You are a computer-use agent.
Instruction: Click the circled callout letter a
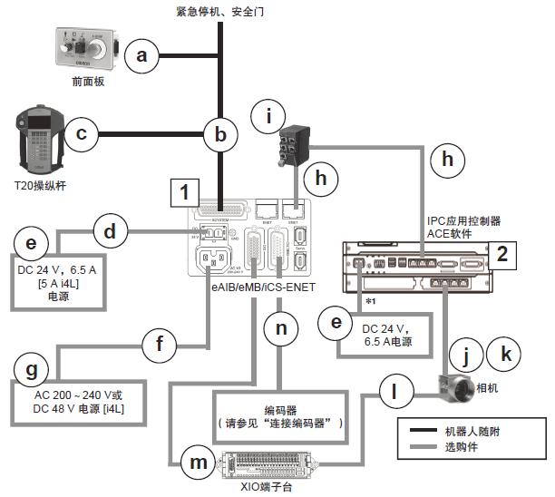pyautogui.click(x=141, y=56)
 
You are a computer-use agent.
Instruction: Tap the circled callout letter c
pyautogui.click(x=81, y=135)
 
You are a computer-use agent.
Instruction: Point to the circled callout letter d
pyautogui.click(x=110, y=230)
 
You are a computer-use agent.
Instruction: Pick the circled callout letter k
pyautogui.click(x=505, y=352)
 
